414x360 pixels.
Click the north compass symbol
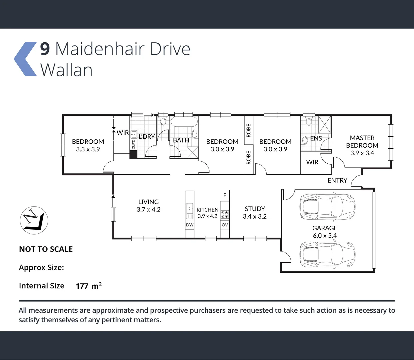(x=34, y=220)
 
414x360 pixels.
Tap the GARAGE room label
(x=325, y=228)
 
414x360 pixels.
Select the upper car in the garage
(x=327, y=205)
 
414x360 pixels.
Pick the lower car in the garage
(x=327, y=254)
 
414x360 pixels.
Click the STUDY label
(x=255, y=209)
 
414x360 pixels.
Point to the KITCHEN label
(x=207, y=210)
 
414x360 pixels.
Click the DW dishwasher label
(x=190, y=225)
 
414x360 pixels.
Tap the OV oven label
(x=225, y=225)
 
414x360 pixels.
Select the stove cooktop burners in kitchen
(x=225, y=214)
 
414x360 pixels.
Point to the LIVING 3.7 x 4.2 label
(x=148, y=206)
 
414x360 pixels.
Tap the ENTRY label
(x=337, y=180)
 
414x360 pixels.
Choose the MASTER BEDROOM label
(x=362, y=142)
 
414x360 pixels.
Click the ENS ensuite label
(x=316, y=138)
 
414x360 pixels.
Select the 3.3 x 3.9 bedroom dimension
(x=88, y=149)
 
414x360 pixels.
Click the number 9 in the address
(x=45, y=49)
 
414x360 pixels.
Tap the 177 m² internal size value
(x=88, y=286)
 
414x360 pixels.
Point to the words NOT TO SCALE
(x=46, y=249)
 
